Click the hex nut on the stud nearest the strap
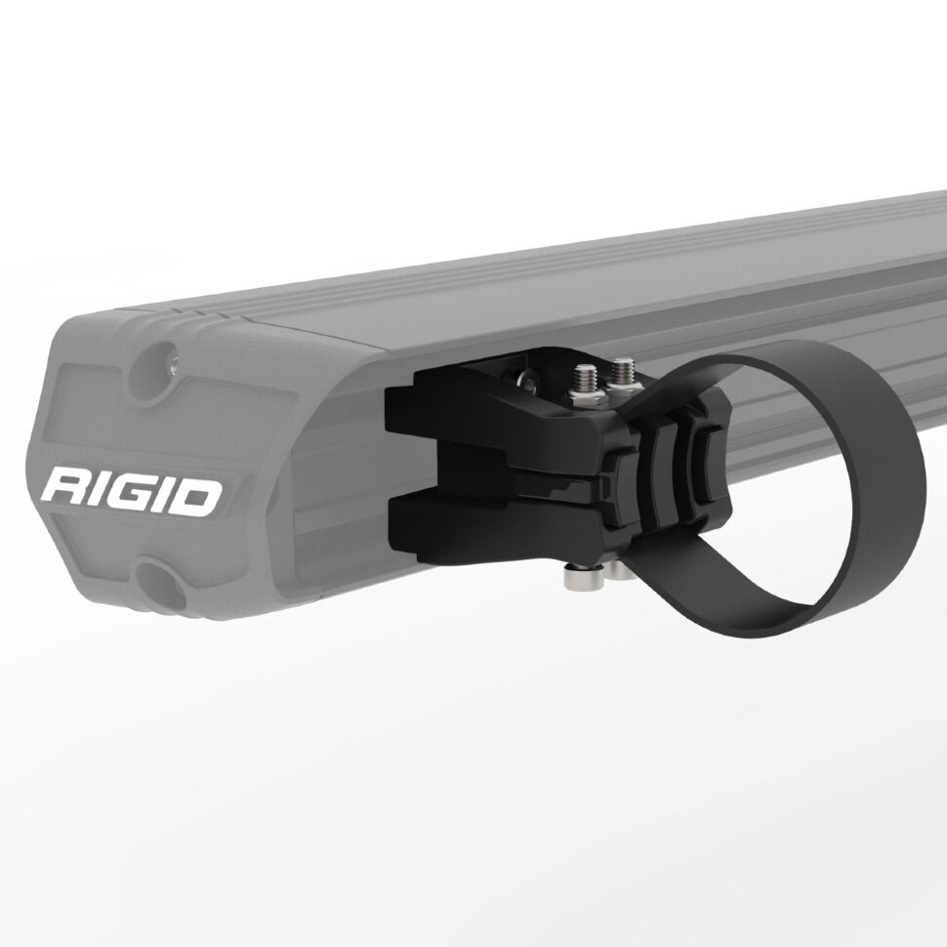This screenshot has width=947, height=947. [x=622, y=388]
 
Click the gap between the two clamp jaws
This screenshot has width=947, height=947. [x=469, y=469]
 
